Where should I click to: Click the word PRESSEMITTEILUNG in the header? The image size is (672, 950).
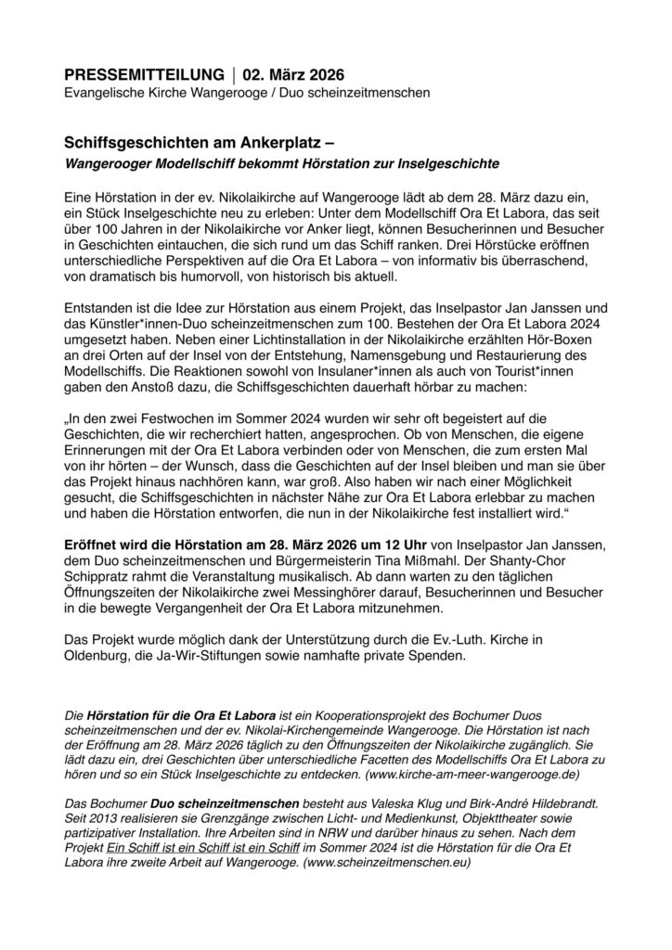(x=144, y=74)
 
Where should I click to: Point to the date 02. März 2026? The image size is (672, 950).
(x=296, y=74)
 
